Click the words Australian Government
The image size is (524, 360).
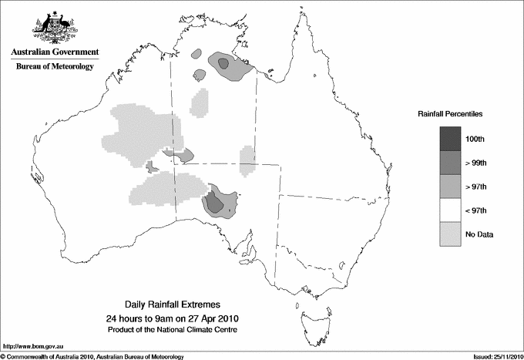(x=55, y=52)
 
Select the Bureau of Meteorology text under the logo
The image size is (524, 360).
(x=55, y=66)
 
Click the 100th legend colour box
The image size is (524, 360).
(x=450, y=139)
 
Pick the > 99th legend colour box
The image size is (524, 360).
(x=450, y=163)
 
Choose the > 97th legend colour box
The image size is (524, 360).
(x=450, y=187)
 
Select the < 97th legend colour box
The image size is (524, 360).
(x=450, y=210)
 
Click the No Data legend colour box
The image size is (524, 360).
(x=450, y=234)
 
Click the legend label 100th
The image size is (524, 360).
(x=475, y=139)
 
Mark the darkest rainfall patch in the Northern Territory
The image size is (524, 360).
(x=223, y=64)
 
